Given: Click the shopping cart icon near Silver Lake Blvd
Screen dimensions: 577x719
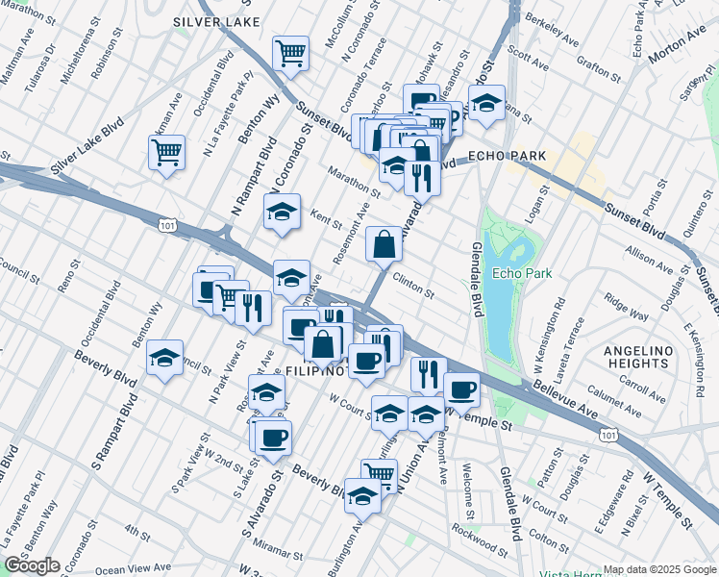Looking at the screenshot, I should tap(166, 153).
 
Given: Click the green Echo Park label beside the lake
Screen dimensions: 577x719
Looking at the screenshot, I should tap(522, 273).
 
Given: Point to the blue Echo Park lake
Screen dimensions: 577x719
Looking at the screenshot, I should tap(506, 288).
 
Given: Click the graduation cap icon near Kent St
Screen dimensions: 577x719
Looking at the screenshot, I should tap(281, 213).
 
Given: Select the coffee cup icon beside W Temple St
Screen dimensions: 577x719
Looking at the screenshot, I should tap(461, 389).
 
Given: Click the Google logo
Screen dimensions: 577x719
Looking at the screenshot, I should tap(32, 565).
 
